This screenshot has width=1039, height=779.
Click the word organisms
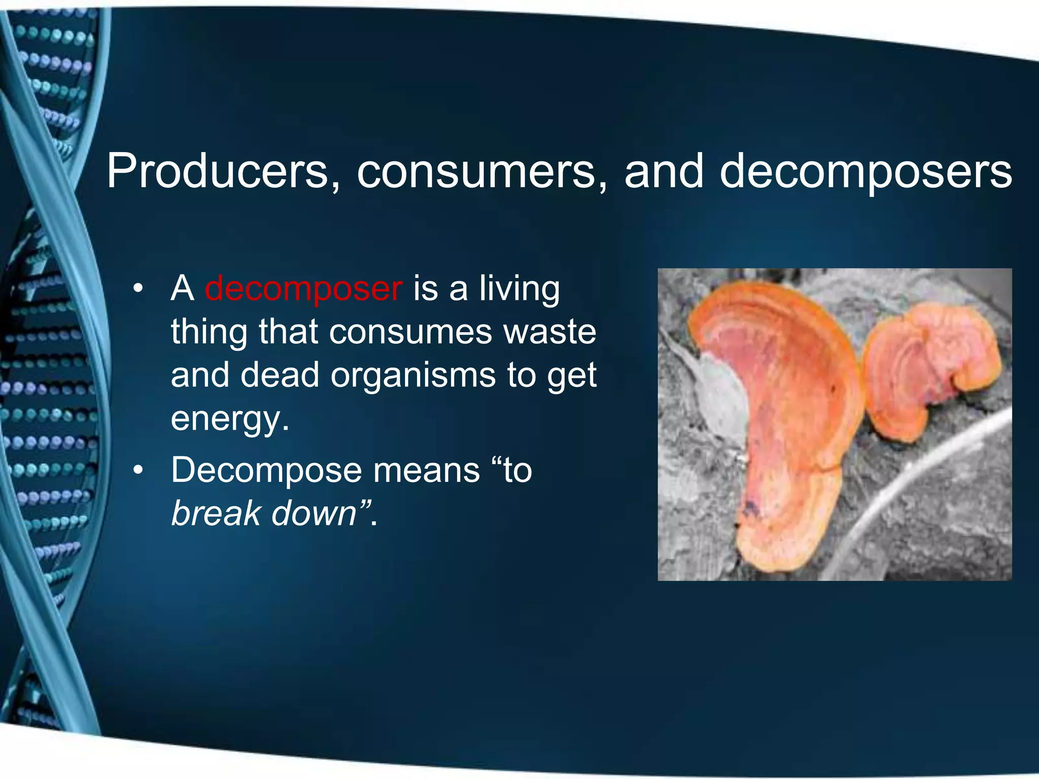pyautogui.click(x=413, y=375)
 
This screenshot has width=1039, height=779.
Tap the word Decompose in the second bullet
pyautogui.click(x=266, y=470)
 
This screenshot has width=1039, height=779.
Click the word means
pyautogui.click(x=426, y=470)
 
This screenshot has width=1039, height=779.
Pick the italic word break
pyautogui.click(x=216, y=513)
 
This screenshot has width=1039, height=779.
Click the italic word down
pyautogui.click(x=315, y=513)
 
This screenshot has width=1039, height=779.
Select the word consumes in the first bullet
pyautogui.click(x=410, y=332)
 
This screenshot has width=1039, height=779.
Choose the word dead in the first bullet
pyautogui.click(x=280, y=375)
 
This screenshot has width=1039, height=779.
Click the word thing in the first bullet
pyautogui.click(x=209, y=332)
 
